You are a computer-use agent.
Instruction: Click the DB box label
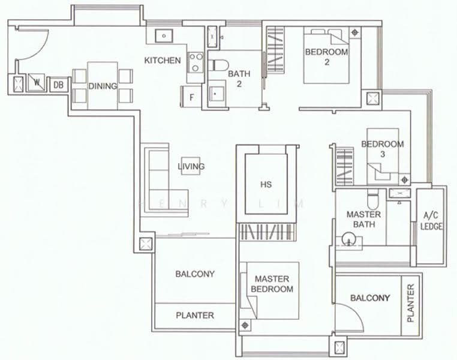tap(59, 85)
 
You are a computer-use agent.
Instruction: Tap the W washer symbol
tap(37, 82)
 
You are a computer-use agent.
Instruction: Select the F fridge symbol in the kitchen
tap(191, 97)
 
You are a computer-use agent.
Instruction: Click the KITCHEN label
tap(163, 61)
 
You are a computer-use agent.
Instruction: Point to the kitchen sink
tap(164, 36)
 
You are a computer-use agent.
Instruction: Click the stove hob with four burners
tap(196, 62)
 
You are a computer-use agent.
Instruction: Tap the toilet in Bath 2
tap(219, 65)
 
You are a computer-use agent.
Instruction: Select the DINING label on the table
tap(103, 86)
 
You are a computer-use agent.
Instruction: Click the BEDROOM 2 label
tap(326, 57)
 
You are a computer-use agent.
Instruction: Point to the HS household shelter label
tap(266, 185)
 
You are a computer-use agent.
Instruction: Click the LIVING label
tap(191, 166)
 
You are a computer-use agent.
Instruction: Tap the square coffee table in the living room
tap(191, 166)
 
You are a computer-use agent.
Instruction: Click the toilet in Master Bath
tap(372, 197)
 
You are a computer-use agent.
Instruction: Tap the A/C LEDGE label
tap(431, 221)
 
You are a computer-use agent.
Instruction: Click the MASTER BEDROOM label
tap(272, 284)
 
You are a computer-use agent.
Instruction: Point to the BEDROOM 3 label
tap(383, 149)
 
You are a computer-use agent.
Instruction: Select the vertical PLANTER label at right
tap(410, 303)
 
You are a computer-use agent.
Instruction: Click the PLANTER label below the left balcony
tap(195, 315)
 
